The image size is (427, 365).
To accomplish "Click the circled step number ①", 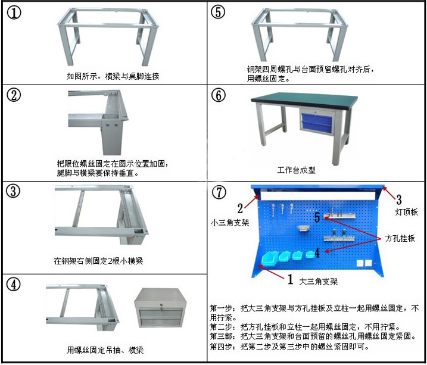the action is (x=14, y=13).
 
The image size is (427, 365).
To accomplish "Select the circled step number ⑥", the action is (x=219, y=95).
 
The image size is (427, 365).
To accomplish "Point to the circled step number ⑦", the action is (x=219, y=192).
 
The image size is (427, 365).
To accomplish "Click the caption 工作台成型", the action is (x=297, y=170).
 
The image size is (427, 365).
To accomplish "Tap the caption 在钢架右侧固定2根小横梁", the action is (x=98, y=261).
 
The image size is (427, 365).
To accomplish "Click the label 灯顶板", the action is (x=406, y=212).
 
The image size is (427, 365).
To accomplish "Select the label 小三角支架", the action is (x=230, y=223).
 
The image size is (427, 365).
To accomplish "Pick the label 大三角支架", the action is (x=319, y=281).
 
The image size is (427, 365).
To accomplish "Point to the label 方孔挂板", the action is (x=400, y=238).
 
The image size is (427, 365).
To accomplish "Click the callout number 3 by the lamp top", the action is (x=398, y=199).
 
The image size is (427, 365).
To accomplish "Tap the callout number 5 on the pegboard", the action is (x=317, y=217).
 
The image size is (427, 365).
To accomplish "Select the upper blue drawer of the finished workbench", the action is (x=317, y=118).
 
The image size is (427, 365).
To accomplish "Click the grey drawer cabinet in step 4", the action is (x=160, y=308).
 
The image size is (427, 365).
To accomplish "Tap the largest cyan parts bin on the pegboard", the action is (x=270, y=258).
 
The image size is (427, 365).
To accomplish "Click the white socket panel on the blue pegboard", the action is (x=364, y=263).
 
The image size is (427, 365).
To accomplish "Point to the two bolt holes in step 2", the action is (x=111, y=126).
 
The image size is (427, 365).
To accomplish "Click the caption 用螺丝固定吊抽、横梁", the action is (x=105, y=350).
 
